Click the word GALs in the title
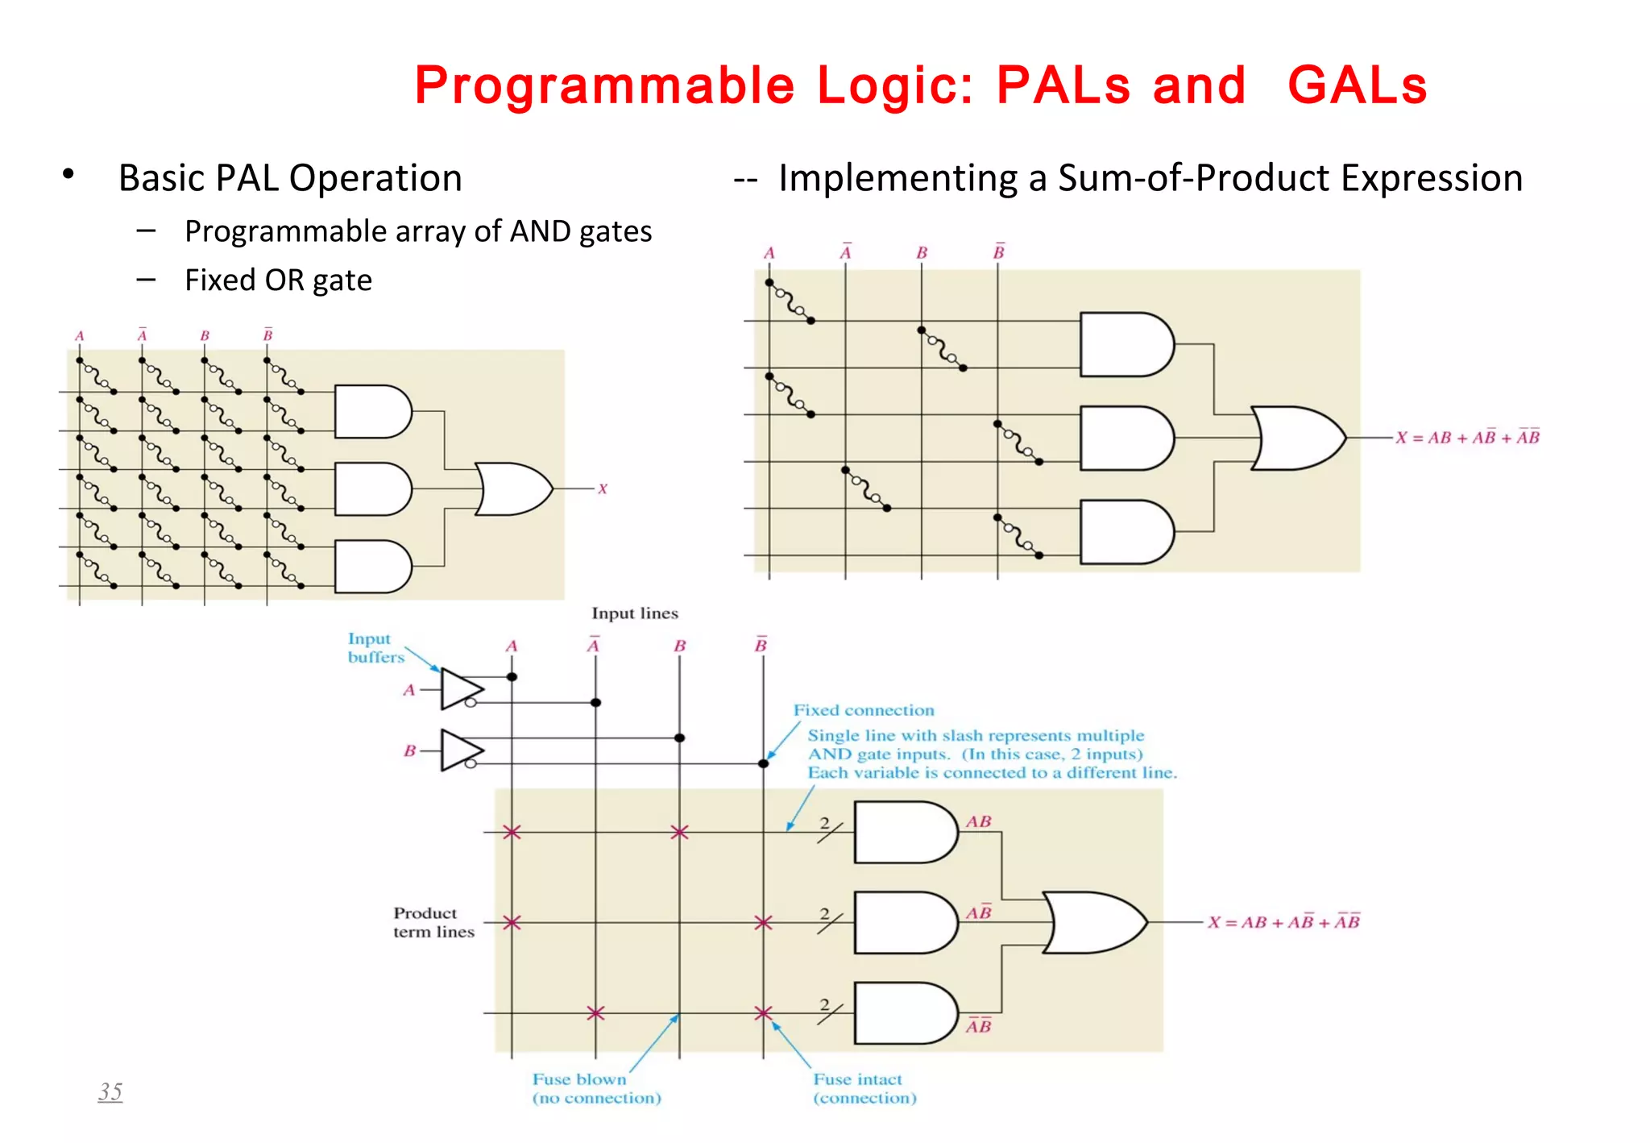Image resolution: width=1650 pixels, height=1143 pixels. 1357,85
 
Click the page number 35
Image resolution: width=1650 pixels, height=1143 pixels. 110,1091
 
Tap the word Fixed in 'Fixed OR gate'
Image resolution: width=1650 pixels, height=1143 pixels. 220,281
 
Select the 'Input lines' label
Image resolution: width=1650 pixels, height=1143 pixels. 635,613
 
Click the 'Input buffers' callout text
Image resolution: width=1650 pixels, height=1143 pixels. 375,648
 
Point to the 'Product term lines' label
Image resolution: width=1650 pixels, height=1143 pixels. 433,922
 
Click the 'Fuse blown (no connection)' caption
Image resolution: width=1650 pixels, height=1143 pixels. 596,1088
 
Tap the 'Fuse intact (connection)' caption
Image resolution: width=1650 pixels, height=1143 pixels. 864,1088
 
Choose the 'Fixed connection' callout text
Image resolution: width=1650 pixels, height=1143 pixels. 864,710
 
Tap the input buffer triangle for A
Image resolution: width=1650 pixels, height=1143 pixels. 462,689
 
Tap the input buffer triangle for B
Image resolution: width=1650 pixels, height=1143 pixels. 462,750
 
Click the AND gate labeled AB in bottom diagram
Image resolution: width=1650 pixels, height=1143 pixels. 905,832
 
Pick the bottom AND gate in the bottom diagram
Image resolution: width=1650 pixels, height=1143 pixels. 905,1012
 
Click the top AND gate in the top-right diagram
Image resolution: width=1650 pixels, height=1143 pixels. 1126,344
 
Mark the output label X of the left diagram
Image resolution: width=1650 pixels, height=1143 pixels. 603,488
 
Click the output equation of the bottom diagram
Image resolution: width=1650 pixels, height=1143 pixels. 1283,922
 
